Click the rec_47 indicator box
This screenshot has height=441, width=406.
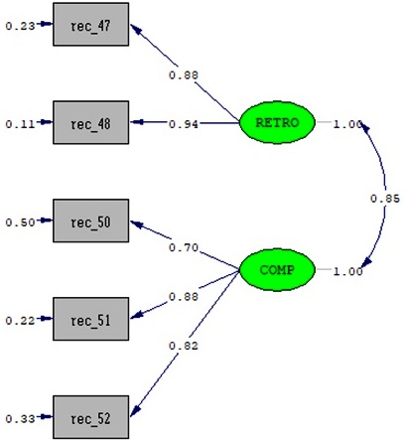[91, 25]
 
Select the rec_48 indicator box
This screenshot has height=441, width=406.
[91, 122]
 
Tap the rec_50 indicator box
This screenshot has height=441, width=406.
[91, 220]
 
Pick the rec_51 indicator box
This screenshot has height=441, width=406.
[91, 319]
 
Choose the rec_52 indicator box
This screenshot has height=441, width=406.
[91, 417]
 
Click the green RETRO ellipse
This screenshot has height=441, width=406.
[277, 122]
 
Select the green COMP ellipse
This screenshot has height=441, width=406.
[277, 270]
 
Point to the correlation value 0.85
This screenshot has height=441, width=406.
[385, 199]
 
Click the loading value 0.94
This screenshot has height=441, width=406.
[184, 124]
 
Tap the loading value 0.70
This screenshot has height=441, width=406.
[184, 247]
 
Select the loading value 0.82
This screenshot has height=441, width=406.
[184, 346]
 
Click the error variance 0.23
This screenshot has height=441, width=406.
[20, 26]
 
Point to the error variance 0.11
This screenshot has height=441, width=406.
[20, 124]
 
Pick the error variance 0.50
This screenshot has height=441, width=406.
[20, 222]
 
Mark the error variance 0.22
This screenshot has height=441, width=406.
[20, 321]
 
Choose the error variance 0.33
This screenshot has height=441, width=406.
[20, 419]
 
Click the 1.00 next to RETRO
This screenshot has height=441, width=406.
[347, 124]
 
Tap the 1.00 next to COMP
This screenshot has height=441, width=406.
[347, 271]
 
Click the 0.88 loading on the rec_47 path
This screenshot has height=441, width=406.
[184, 75]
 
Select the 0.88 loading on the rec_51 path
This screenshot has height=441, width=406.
[184, 297]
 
